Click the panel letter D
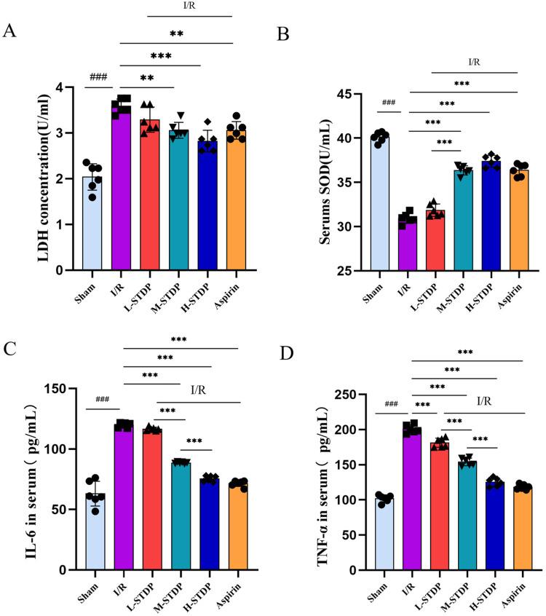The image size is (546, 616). point(288,355)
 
